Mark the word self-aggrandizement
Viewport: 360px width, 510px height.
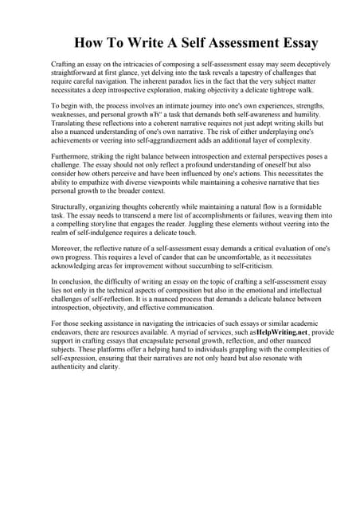point(148,142)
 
